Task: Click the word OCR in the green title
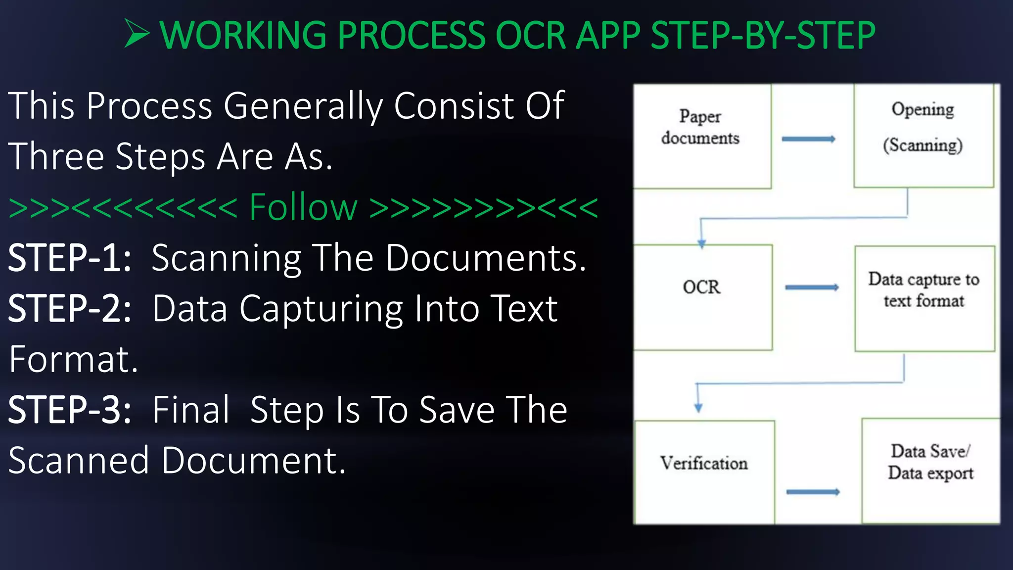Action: coord(530,36)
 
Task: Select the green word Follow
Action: coord(303,207)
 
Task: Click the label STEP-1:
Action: coord(70,258)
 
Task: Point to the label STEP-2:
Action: coord(70,309)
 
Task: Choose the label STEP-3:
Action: coord(70,410)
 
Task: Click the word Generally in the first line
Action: coord(303,106)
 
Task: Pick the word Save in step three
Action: coord(457,410)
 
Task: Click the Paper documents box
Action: coord(701,136)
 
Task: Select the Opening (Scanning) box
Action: coord(923,135)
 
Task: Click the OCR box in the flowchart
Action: coord(702,297)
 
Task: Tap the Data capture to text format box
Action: coord(924,298)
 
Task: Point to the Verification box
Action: coord(704,471)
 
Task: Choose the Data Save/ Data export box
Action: coord(930,470)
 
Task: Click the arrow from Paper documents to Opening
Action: coord(808,139)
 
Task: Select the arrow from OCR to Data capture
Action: coord(812,287)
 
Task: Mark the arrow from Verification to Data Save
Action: coord(813,492)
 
